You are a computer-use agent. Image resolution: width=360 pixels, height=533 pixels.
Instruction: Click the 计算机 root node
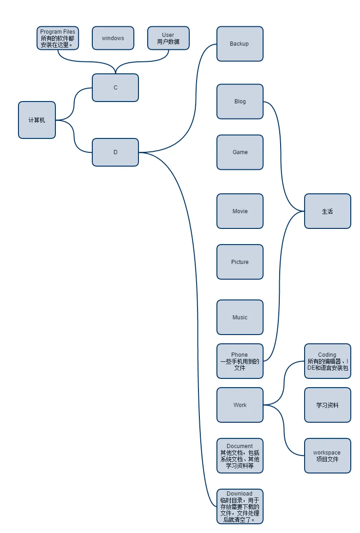coord(37,120)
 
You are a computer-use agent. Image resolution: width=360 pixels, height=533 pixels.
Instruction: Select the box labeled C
coord(115,88)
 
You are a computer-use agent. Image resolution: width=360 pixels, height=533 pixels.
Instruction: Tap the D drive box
coord(115,152)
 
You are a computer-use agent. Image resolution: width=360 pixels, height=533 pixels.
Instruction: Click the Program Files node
coord(58,38)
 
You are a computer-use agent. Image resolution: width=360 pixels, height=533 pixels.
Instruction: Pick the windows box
coord(113,38)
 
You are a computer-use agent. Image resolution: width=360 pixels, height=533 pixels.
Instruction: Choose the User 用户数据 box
coord(168,38)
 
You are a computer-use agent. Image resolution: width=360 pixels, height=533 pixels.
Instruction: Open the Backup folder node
coord(240,44)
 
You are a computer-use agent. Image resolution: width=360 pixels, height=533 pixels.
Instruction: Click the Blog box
coord(240,102)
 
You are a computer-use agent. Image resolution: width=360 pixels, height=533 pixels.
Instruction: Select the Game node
coord(240,152)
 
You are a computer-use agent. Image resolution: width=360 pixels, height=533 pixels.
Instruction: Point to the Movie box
coord(240,211)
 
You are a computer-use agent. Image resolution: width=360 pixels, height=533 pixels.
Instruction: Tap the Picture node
coord(240,262)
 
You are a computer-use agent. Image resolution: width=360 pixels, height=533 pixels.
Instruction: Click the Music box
coord(240,317)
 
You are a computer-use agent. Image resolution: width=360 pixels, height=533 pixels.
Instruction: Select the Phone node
coord(240,361)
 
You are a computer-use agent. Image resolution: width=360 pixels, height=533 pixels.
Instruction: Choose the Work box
coord(240,405)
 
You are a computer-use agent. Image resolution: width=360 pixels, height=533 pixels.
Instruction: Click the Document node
coord(240,456)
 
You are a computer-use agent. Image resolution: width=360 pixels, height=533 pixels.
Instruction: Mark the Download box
coord(240,507)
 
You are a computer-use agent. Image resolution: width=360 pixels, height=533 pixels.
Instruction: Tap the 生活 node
coord(327,211)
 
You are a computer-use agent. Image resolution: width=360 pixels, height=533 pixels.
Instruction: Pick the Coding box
coord(327,361)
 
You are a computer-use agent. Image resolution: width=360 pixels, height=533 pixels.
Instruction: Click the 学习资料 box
coord(327,405)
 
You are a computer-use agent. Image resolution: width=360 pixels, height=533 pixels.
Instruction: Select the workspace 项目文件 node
coord(327,456)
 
